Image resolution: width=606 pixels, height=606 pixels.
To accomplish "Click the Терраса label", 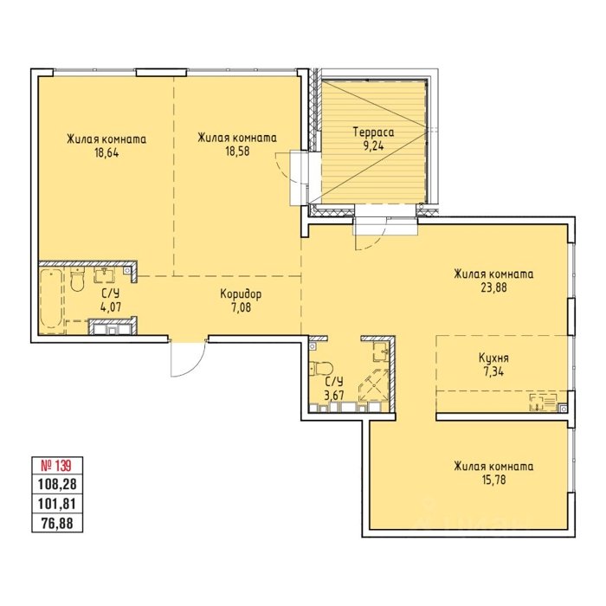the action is [374, 132].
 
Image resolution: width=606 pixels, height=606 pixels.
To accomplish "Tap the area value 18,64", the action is [106, 152].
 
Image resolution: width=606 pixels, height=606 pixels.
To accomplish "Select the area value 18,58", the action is [237, 151].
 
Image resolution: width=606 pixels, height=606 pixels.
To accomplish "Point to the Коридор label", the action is [241, 294].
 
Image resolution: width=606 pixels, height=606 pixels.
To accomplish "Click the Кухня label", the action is [493, 358].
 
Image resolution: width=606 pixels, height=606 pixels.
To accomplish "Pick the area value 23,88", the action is [493, 287].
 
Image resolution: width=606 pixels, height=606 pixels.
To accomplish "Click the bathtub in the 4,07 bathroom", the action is [51, 300].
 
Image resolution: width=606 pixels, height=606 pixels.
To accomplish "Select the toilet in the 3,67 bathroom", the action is [321, 368].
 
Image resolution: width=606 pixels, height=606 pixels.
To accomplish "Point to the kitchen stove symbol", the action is [543, 403].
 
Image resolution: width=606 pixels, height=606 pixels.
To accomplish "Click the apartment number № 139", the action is [56, 466].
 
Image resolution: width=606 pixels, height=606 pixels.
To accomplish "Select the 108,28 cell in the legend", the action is [57, 484].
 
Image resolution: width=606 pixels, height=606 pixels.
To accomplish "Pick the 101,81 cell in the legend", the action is [57, 504].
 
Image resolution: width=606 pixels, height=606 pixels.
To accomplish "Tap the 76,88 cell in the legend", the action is [57, 523].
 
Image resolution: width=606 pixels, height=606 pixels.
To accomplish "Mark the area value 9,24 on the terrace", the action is [374, 146].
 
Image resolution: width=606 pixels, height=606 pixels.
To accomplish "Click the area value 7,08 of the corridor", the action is [241, 308].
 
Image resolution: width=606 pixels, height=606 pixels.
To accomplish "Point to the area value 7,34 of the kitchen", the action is [493, 372].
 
